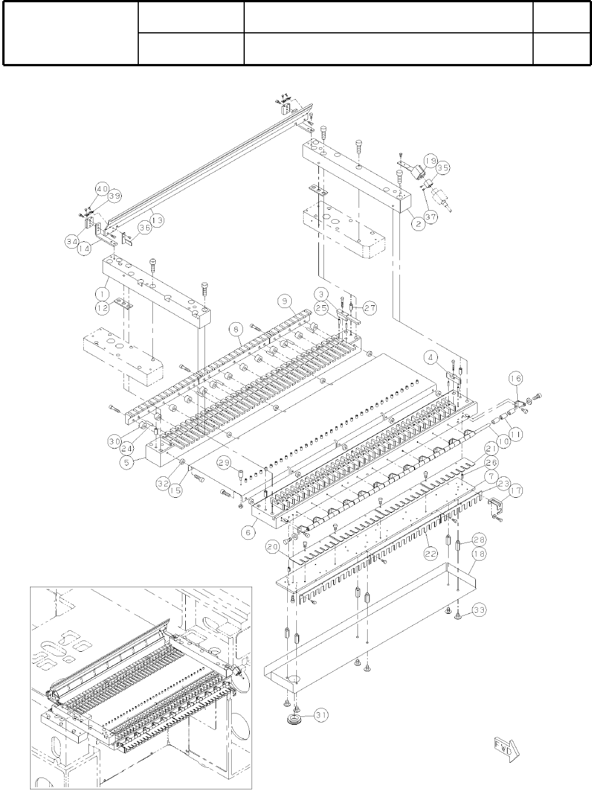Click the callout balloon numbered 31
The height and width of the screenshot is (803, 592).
(x=321, y=715)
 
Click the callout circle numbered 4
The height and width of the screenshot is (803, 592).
(x=433, y=358)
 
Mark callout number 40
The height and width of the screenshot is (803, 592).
(x=102, y=189)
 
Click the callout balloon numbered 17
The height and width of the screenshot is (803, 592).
(x=516, y=492)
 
